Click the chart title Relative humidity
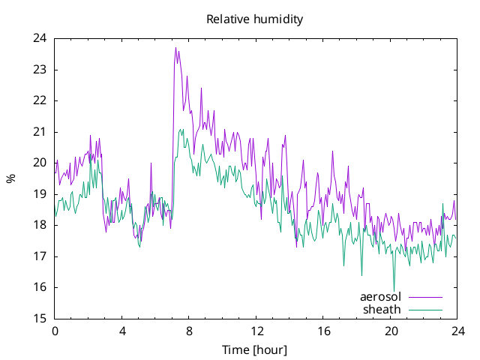click(x=255, y=19)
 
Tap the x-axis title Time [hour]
click(x=254, y=349)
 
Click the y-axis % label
click(x=10, y=178)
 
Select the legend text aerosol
click(x=380, y=297)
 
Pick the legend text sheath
click(x=382, y=310)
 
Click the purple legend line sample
click(x=425, y=297)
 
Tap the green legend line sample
click(x=425, y=310)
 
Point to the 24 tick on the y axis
click(x=40, y=38)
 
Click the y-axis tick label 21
click(x=40, y=132)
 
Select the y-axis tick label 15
click(x=40, y=319)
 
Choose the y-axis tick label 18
click(x=40, y=225)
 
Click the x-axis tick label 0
click(x=55, y=331)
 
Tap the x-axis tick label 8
click(x=189, y=331)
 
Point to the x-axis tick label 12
click(x=256, y=331)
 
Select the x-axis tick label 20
click(x=391, y=331)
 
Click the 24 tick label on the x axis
click(x=457, y=331)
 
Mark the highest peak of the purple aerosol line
click(x=175, y=48)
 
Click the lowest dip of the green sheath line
click(x=394, y=291)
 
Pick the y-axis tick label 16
click(x=40, y=287)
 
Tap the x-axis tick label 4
click(x=122, y=331)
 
